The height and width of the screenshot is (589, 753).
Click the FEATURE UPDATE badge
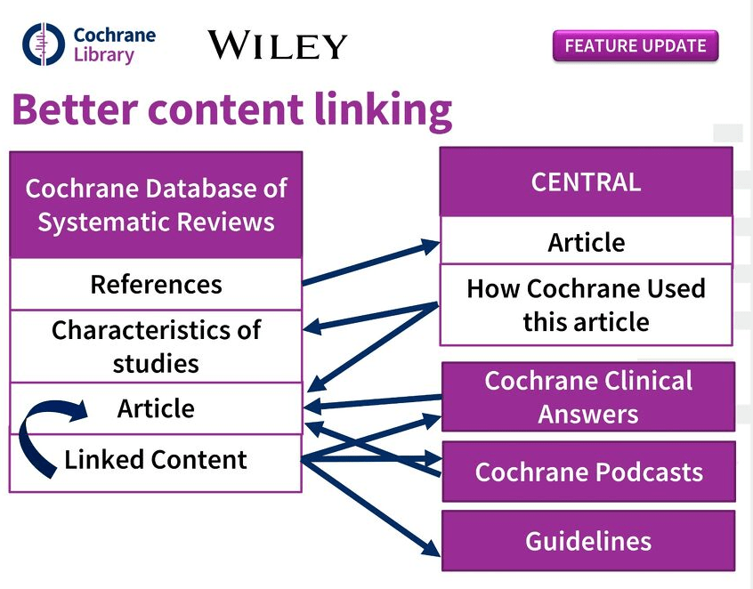(x=635, y=45)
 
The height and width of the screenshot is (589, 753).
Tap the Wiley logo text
(x=277, y=44)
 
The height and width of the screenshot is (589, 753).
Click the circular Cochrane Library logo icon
(x=44, y=45)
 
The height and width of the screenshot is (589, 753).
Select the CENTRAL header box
(x=586, y=182)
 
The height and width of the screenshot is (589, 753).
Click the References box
(x=156, y=285)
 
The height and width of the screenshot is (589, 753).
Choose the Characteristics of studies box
(x=156, y=346)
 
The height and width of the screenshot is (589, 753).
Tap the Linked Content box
(x=156, y=461)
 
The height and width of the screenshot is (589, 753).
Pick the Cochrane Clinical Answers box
(x=588, y=397)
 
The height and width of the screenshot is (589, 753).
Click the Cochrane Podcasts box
(x=588, y=472)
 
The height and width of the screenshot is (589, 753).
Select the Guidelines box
(x=588, y=541)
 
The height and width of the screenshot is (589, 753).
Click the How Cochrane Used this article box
(x=586, y=304)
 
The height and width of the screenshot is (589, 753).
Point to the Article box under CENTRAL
(x=586, y=242)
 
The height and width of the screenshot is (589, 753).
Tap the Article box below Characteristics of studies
(x=156, y=408)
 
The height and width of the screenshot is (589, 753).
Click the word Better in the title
(x=75, y=110)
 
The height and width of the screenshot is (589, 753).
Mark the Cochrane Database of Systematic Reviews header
(x=156, y=205)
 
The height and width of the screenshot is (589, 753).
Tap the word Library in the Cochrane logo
(x=103, y=55)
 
